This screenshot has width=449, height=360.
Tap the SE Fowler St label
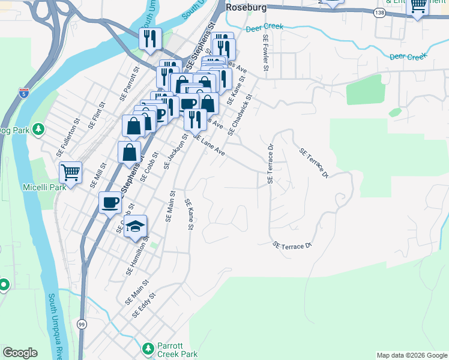pyautogui.click(x=265, y=55)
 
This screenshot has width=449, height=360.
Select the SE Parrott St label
pyautogui.click(x=128, y=83)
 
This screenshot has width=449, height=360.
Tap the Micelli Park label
pyautogui.click(x=44, y=188)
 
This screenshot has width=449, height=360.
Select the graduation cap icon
pyautogui.click(x=136, y=226)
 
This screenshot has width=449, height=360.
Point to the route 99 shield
pyautogui.click(x=82, y=324)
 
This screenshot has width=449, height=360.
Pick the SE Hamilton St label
pyautogui.click(x=137, y=256)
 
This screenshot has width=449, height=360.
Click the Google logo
pyautogui.click(x=20, y=353)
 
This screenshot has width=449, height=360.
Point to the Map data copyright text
pyautogui.click(x=411, y=355)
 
